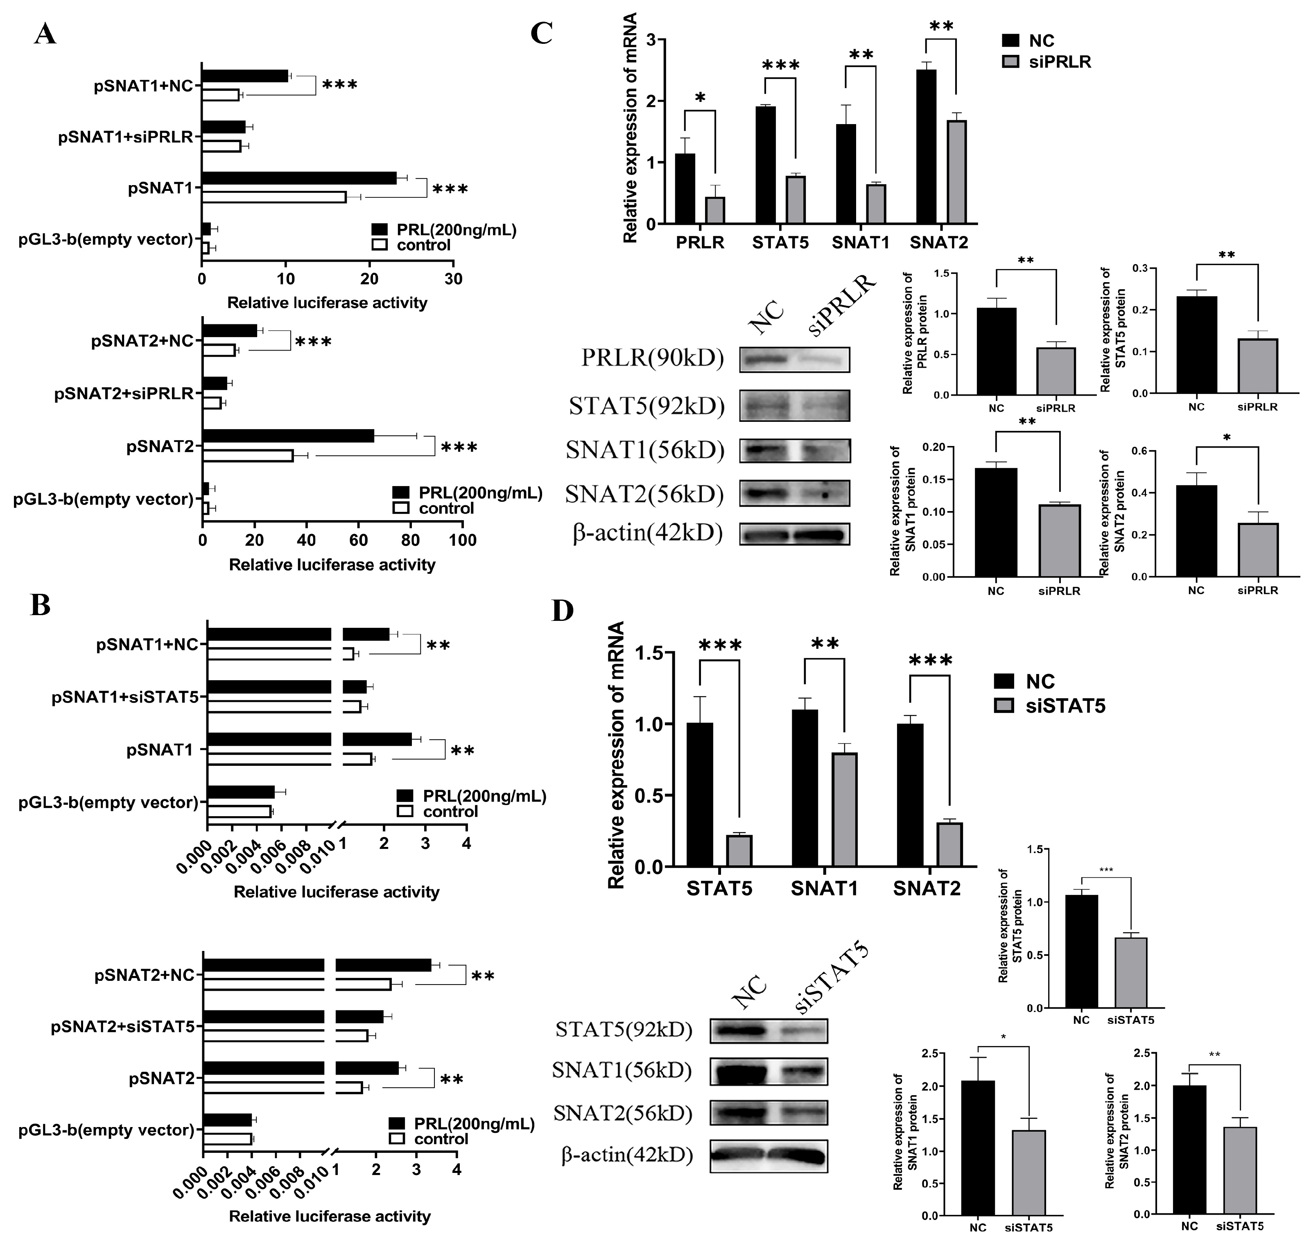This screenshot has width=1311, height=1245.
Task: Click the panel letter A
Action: point(45,33)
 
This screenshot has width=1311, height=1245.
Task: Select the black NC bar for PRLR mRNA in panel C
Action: point(685,189)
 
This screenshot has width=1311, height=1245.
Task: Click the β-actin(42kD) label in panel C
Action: point(647,532)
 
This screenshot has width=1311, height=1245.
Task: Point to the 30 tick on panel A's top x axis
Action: point(453,279)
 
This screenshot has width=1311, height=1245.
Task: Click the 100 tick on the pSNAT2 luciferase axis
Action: point(462,540)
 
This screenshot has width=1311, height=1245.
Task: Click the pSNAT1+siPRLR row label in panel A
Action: point(125,137)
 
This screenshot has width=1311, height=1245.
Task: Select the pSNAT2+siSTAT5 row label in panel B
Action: point(122,1027)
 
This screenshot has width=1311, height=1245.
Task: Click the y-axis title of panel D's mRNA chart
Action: point(616,754)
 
